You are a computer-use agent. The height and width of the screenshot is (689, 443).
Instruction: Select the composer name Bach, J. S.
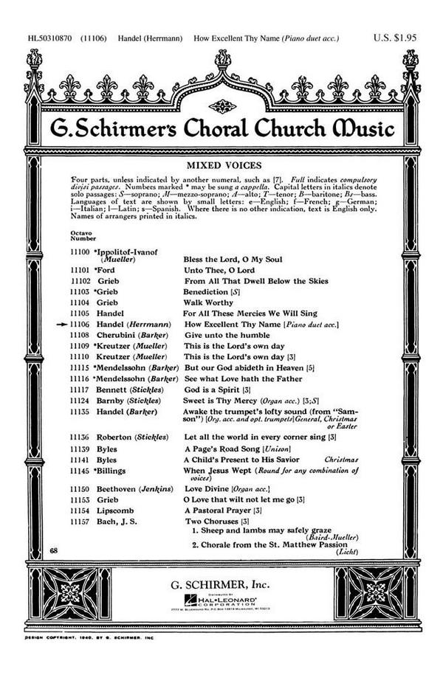[115, 522]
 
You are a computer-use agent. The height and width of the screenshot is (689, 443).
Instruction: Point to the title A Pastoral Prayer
[216, 510]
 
